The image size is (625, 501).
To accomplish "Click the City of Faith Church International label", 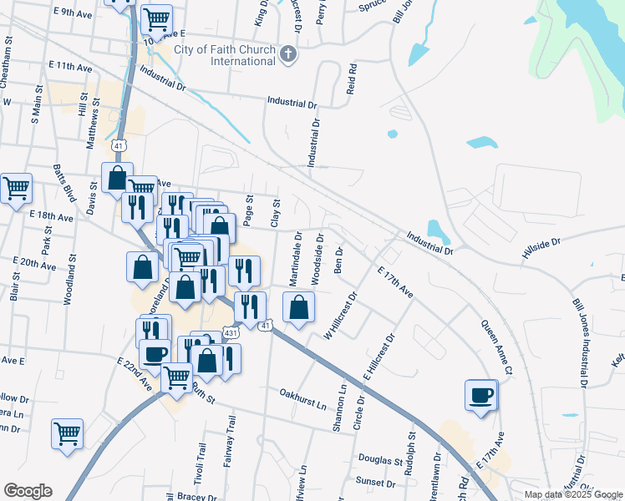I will (225, 55).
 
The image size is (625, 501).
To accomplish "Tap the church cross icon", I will (288, 55).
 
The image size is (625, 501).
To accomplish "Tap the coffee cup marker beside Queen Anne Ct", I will (481, 395).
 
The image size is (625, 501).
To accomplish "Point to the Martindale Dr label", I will (297, 258).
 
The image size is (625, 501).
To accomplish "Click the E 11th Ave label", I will (69, 64).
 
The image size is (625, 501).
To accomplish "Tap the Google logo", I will (28, 491).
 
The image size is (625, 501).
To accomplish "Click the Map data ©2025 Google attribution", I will (572, 494).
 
